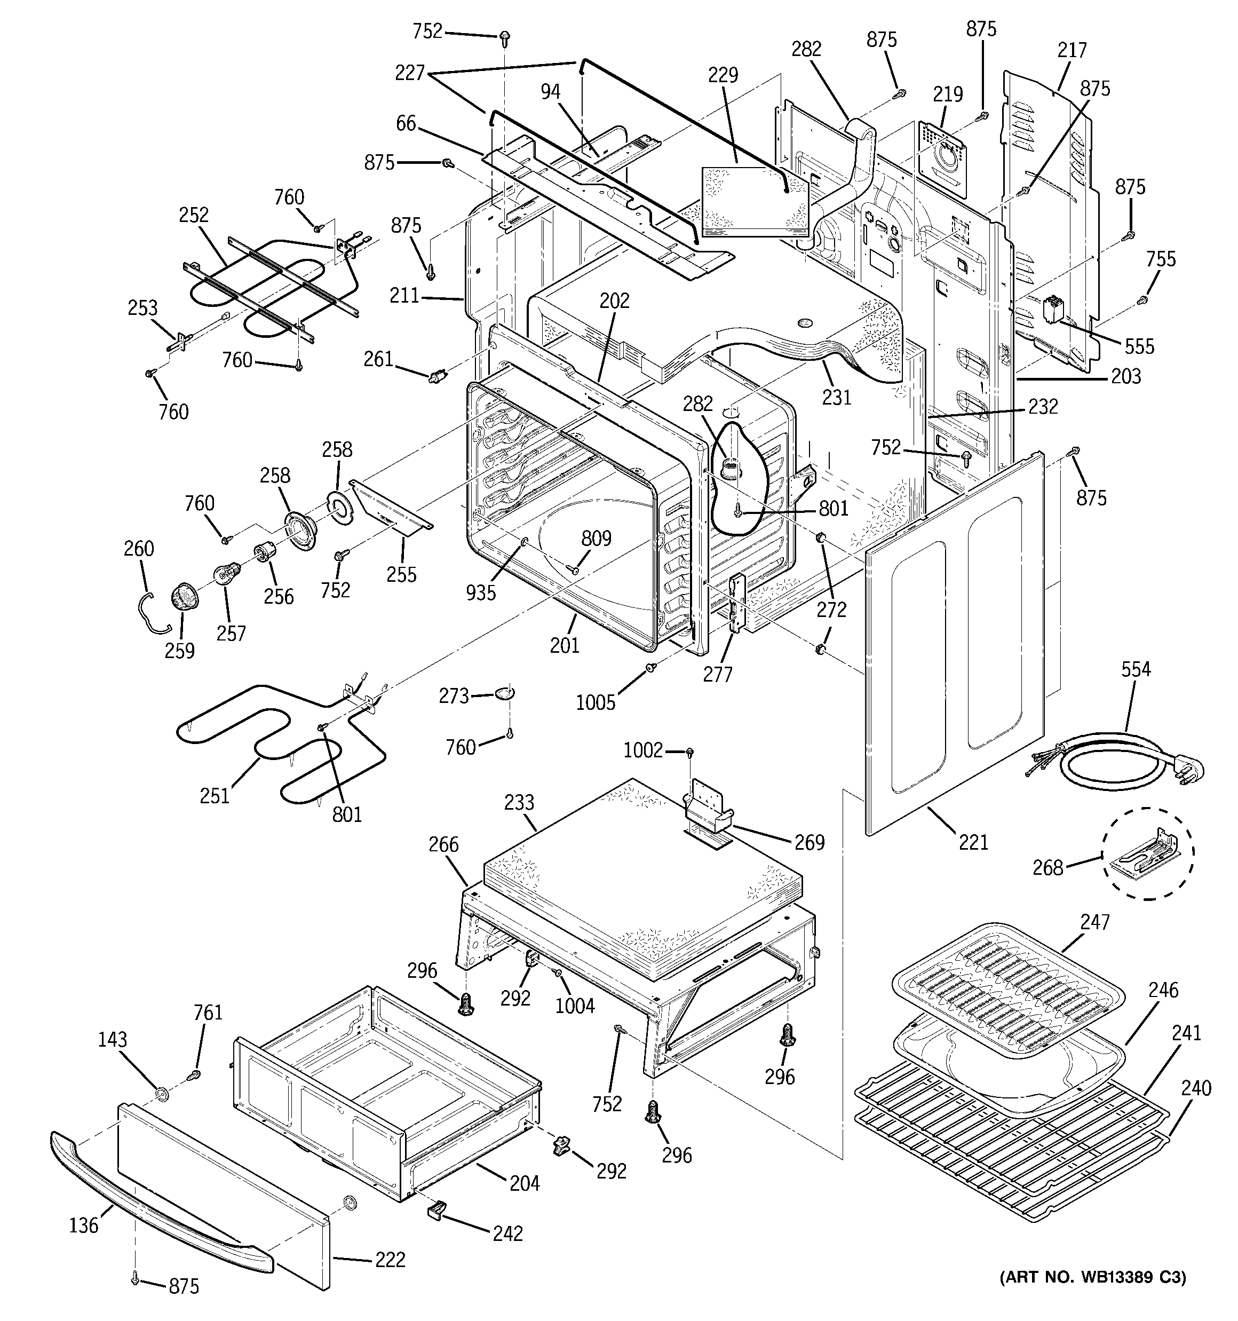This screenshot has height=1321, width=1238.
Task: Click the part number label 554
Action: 1136,669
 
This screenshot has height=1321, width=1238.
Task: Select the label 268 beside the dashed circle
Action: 1047,867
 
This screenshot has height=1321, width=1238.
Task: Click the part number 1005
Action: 596,702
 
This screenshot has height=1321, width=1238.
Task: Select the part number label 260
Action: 138,549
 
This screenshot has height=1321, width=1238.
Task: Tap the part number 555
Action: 1139,346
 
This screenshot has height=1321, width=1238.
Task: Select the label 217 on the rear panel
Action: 1072,50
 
